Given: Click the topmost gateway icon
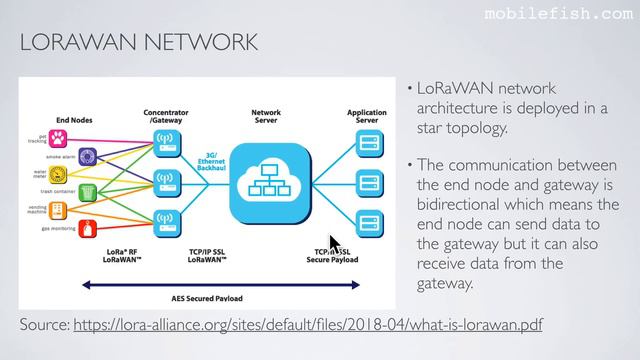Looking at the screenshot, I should point(164,141).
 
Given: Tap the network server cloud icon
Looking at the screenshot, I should point(266,182).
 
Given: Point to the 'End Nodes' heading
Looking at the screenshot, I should point(76,118).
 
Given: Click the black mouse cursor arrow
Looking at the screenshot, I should point(334,245).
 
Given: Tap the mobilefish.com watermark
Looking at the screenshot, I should point(571,14).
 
